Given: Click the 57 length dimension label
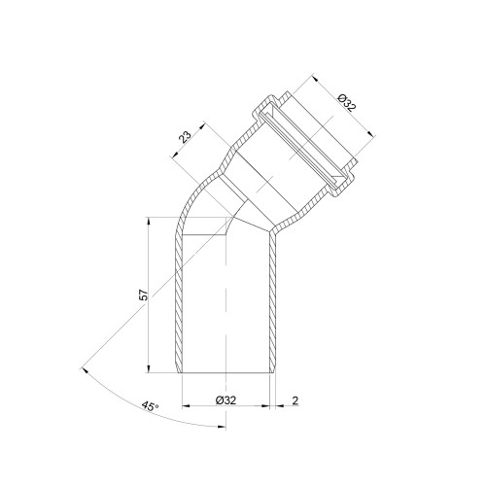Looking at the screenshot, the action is tap(144, 294).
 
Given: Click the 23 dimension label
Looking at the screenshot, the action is tap(186, 137).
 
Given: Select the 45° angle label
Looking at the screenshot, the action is tap(150, 406).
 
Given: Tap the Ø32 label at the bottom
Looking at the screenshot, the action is tap(226, 400).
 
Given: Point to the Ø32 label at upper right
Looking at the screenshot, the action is tap(346, 102).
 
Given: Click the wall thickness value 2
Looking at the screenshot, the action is tap(295, 400).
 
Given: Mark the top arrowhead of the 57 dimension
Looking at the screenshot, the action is tap(149, 221).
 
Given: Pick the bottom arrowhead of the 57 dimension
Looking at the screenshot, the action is tap(149, 369).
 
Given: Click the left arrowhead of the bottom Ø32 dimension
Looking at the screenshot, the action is tap(186, 405).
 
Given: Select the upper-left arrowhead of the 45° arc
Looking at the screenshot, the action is tap(85, 370).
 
